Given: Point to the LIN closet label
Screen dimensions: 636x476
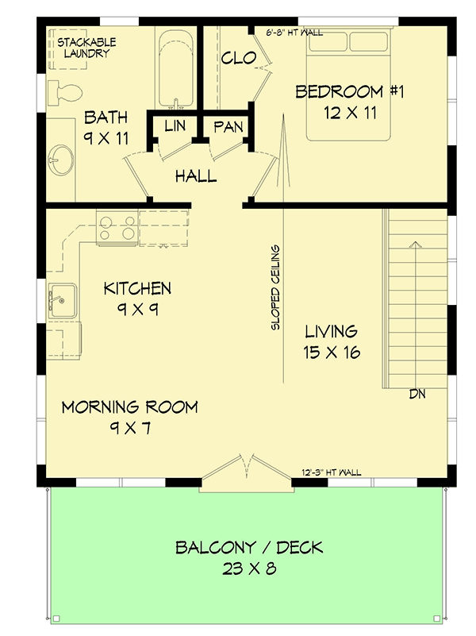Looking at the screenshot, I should pyautogui.click(x=175, y=126).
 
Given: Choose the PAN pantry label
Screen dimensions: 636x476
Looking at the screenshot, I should pyautogui.click(x=228, y=126).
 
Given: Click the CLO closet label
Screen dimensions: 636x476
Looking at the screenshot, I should pyautogui.click(x=237, y=58).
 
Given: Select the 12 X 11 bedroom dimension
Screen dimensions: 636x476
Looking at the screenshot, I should pyautogui.click(x=349, y=113).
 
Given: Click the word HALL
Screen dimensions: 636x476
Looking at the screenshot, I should pyautogui.click(x=196, y=176).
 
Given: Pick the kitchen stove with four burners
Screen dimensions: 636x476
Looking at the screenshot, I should pyautogui.click(x=117, y=227).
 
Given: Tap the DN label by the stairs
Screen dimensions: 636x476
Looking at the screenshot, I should pyautogui.click(x=419, y=394).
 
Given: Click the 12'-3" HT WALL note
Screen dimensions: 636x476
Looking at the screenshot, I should pyautogui.click(x=332, y=472).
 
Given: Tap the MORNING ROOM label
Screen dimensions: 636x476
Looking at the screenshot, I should pyautogui.click(x=130, y=408).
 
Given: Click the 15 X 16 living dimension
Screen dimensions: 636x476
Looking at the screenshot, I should pyautogui.click(x=332, y=352).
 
